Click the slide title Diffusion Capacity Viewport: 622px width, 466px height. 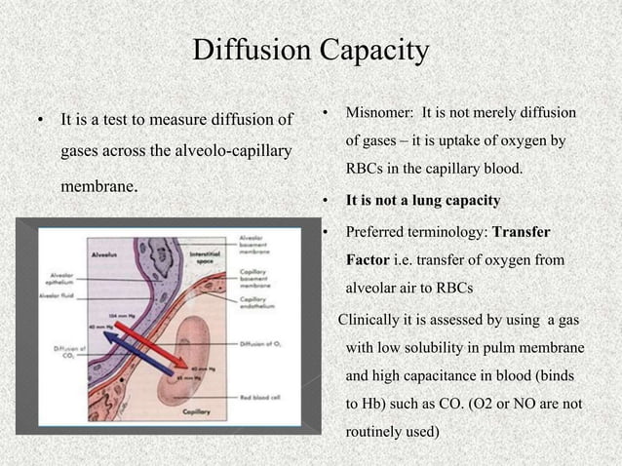[310, 50]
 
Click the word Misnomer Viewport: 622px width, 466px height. [376, 115]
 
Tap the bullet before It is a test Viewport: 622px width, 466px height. [40, 122]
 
